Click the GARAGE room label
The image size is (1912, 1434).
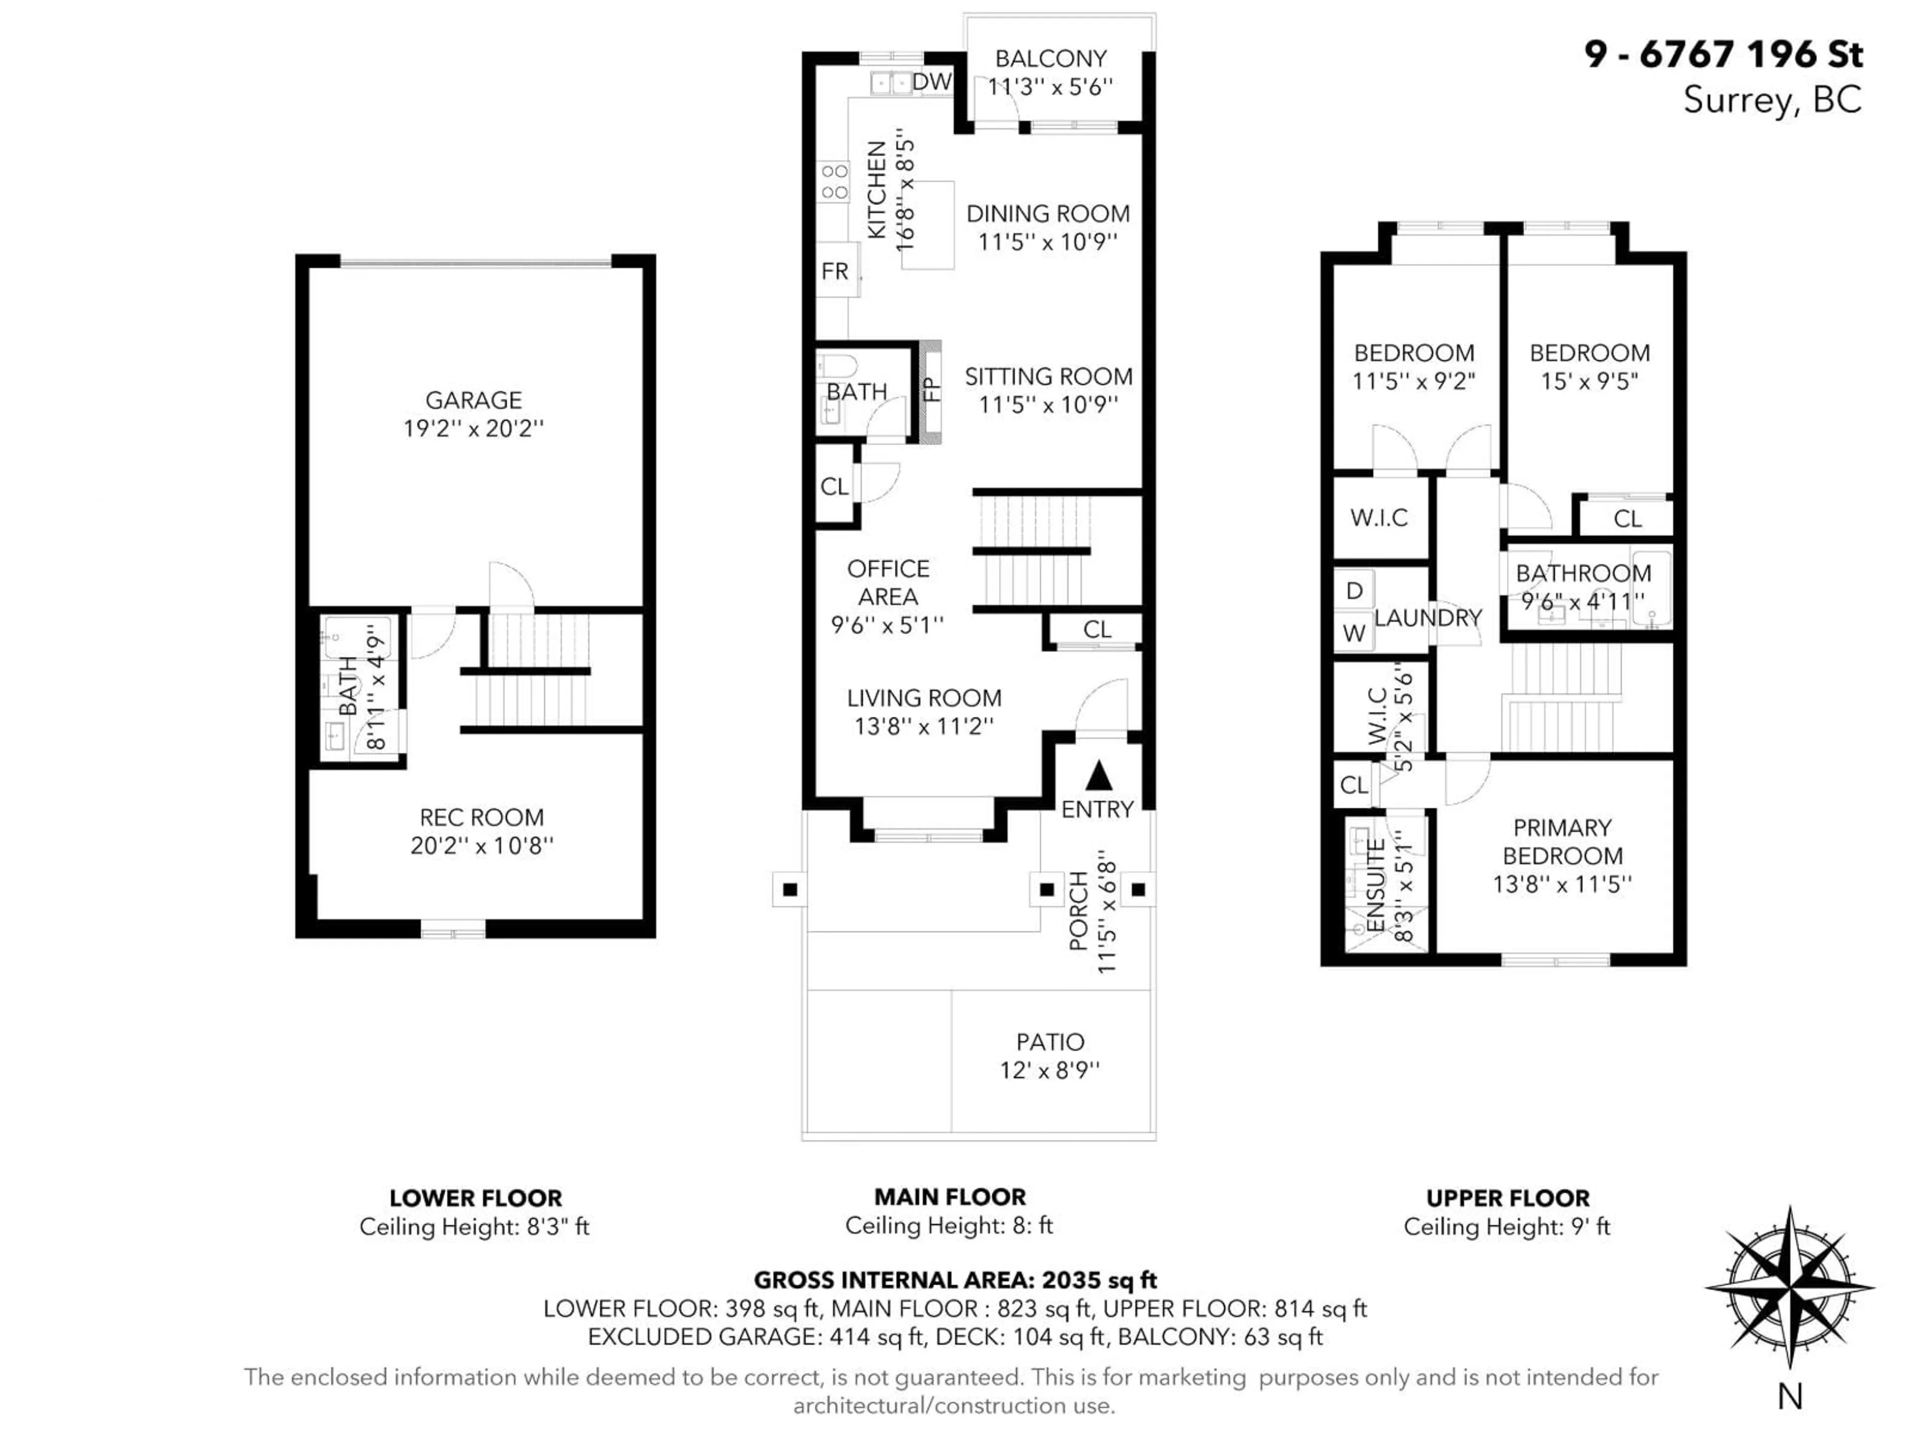pos(473,400)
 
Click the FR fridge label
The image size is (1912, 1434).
pos(834,271)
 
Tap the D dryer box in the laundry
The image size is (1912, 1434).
pos(1354,591)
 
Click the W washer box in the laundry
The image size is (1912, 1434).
pos(1354,633)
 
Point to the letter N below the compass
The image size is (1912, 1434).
pos(1789,1397)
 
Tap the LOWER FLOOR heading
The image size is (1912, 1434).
pos(476,1198)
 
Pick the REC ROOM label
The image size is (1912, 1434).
pos(481,817)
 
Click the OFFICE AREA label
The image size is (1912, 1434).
pos(888,583)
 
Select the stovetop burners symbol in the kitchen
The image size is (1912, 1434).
pos(834,182)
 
